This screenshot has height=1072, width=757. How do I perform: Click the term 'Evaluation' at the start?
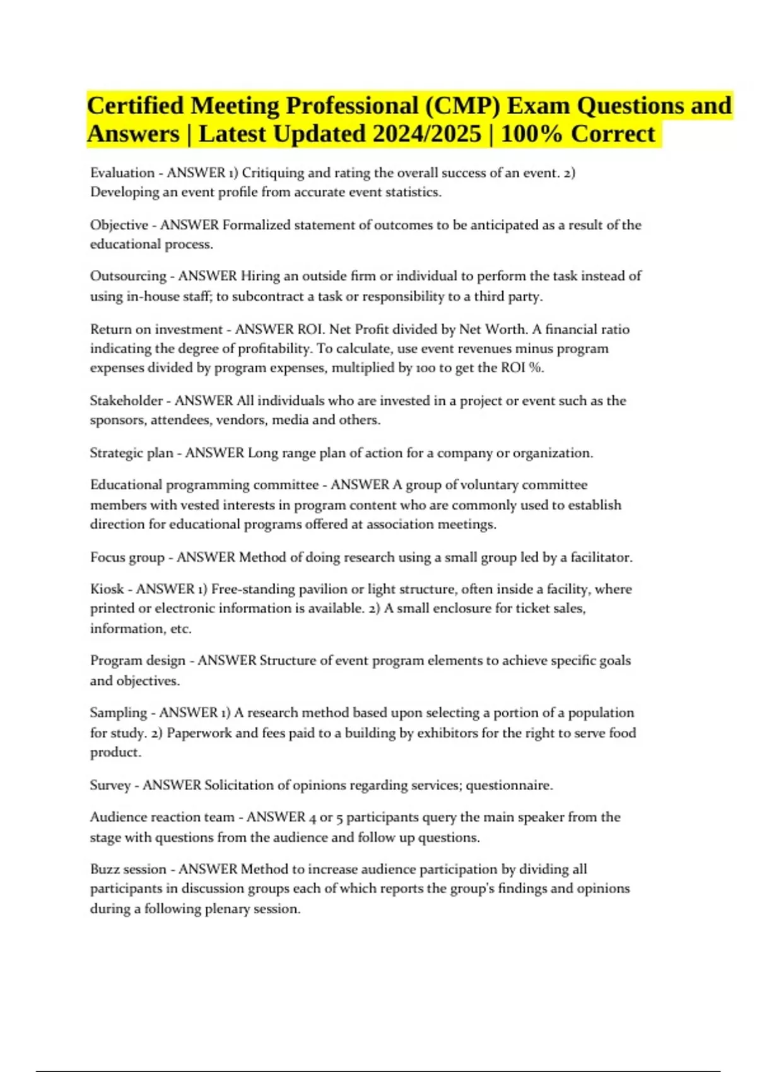pos(122,173)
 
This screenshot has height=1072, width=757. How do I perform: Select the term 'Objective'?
pos(119,225)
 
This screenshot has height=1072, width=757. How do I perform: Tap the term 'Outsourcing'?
pos(128,276)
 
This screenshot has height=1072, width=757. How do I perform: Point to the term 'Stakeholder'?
pos(126,400)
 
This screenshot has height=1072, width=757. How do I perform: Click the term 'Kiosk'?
pos(107,589)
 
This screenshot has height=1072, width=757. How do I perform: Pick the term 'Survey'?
pos(110,785)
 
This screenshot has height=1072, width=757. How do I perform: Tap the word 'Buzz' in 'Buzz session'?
pos(104,869)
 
